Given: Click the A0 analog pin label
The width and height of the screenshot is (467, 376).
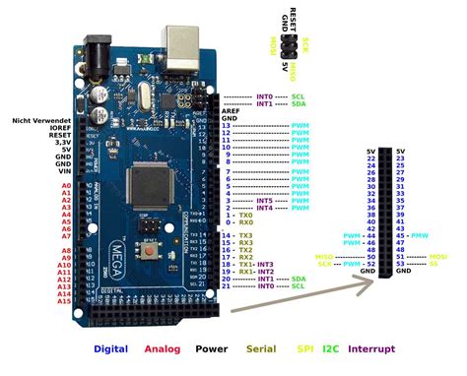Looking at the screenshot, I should (65, 185).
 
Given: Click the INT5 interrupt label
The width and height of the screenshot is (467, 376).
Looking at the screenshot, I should (264, 201).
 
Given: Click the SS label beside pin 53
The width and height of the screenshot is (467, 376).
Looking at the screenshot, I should (431, 265).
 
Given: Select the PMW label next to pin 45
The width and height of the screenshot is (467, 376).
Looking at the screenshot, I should (419, 236).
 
